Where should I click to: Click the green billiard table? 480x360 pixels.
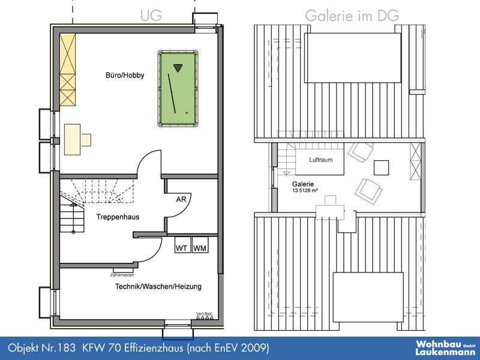click(x=178, y=88)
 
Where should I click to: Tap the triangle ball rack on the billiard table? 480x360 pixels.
click(x=177, y=68)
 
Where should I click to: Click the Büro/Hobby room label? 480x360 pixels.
click(x=125, y=76)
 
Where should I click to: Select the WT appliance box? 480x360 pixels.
click(x=182, y=248)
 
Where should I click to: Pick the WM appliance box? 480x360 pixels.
click(x=200, y=248)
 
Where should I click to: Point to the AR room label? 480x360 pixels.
click(x=181, y=200)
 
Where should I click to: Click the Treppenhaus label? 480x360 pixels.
click(x=118, y=217)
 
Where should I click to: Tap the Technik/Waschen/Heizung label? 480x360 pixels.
click(x=158, y=287)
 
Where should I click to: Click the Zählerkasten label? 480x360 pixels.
click(x=122, y=275)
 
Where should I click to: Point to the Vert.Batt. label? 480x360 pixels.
click(x=205, y=314)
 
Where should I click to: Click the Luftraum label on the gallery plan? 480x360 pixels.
click(x=320, y=160)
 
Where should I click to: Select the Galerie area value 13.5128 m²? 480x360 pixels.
click(x=305, y=190)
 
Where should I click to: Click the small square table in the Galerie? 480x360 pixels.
click(x=382, y=168)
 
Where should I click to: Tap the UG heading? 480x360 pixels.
click(x=151, y=16)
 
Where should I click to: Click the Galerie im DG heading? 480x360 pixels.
click(x=352, y=16)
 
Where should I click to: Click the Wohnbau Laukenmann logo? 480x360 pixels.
click(x=446, y=348)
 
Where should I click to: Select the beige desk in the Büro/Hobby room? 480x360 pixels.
click(x=72, y=139)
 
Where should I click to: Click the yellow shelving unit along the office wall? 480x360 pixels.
click(x=67, y=70)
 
